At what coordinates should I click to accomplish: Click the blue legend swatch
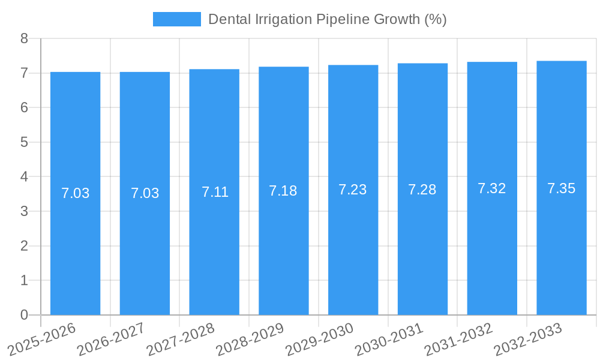tap(177, 19)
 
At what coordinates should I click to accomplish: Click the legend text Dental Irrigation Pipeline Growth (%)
tap(327, 19)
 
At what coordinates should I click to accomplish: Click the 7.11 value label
tap(215, 192)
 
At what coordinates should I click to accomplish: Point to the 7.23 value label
tap(353, 190)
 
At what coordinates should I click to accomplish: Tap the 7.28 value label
tap(422, 190)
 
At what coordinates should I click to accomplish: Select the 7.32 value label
tap(492, 188)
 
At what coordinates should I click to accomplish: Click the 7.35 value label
tap(562, 188)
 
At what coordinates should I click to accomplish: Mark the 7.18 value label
tap(283, 191)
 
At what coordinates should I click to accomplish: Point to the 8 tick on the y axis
tap(24, 39)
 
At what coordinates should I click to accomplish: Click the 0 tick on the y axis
tap(24, 315)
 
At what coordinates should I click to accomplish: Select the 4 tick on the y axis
tap(24, 177)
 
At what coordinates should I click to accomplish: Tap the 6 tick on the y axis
tap(24, 108)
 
